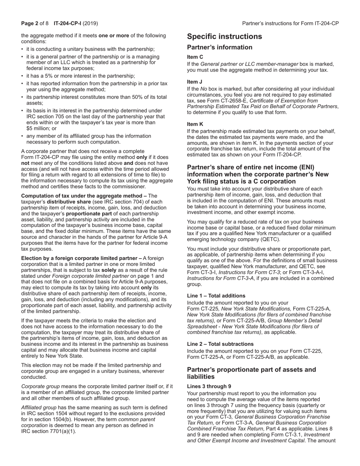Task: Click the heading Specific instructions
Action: click(x=224, y=36)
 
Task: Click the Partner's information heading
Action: click(x=219, y=47)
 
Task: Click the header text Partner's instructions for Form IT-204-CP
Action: click(x=290, y=23)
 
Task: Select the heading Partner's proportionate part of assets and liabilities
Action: click(x=251, y=373)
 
